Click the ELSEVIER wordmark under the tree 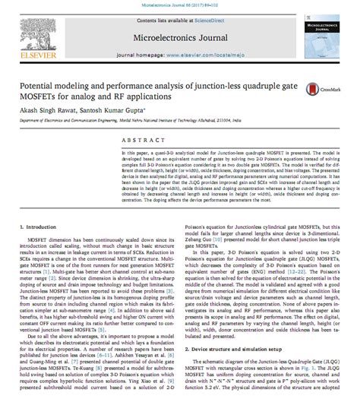[x=34, y=57]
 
